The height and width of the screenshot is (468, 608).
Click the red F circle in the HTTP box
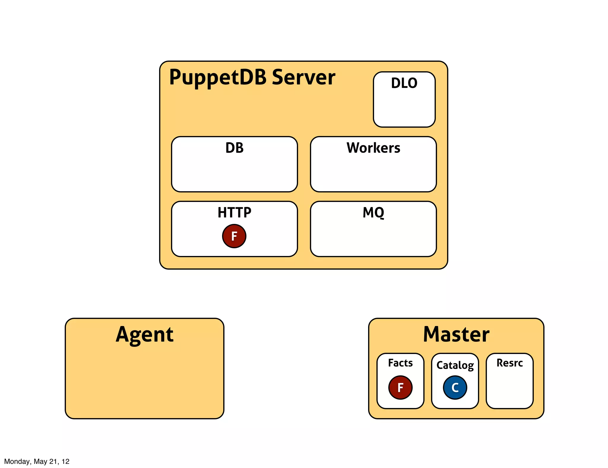pos(234,236)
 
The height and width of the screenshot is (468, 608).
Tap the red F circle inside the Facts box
pos(400,387)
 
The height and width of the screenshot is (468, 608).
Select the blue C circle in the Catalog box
pos(455,387)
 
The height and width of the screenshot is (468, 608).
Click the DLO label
pos(404,83)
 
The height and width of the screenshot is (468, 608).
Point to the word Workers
pos(373,148)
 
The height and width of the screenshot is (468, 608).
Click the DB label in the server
pos(234,148)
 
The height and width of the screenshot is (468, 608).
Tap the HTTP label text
pos(234,213)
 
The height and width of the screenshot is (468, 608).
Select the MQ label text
pos(373,213)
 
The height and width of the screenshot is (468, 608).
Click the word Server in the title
pos(303,77)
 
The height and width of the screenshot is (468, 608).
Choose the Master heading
pos(456,334)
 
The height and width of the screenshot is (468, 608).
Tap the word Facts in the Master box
pos(400,363)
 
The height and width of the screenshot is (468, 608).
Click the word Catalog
pos(455,365)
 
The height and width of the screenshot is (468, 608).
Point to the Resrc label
pos(509,363)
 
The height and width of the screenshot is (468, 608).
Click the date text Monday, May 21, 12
pos(37,461)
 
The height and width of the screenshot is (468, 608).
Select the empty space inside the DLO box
pos(404,108)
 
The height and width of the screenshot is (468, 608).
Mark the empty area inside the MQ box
pos(373,238)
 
